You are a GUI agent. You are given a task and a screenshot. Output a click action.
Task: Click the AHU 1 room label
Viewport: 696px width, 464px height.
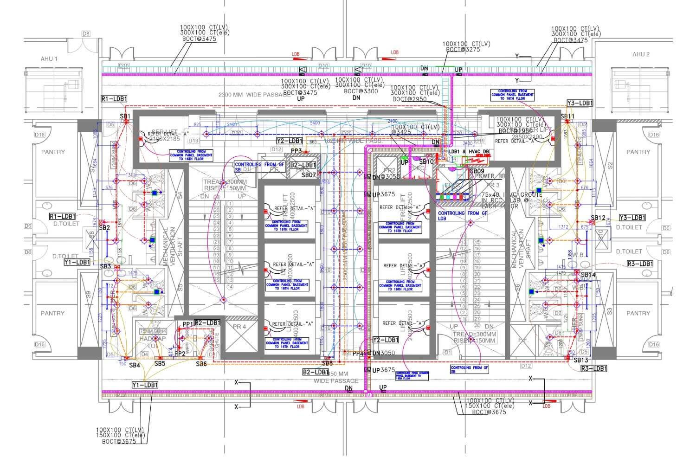pos(49,59)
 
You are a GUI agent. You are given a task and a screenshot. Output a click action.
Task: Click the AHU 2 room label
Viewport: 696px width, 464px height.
pos(641,54)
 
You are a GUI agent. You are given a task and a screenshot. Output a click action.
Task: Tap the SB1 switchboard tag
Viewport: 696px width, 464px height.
pos(124,116)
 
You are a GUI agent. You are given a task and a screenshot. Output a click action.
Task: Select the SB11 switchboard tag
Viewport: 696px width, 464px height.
pos(567,116)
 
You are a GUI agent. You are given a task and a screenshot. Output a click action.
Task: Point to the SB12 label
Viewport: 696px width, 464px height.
pos(598,218)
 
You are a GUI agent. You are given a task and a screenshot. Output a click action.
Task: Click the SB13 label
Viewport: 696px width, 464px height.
pos(580,360)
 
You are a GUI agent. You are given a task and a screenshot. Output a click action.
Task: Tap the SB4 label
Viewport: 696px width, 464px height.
pos(135,366)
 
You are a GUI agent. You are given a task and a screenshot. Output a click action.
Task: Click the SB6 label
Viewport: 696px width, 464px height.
pos(201,364)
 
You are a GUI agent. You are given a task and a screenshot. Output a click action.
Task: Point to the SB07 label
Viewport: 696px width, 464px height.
pos(309,175)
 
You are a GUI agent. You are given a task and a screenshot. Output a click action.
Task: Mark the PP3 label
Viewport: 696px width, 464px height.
pos(296,151)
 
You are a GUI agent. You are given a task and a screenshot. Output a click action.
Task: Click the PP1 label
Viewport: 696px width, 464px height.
pos(187,324)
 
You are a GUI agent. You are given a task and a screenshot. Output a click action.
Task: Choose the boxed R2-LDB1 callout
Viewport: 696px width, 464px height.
pos(207,322)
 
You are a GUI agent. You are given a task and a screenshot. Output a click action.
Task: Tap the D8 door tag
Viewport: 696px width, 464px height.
pos(86,33)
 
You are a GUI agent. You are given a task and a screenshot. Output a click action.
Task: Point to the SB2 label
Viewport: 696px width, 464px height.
pos(104,228)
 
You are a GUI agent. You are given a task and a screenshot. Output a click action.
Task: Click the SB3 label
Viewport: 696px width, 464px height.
pos(106,266)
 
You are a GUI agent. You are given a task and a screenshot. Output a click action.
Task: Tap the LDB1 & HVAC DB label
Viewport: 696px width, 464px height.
pos(469,152)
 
